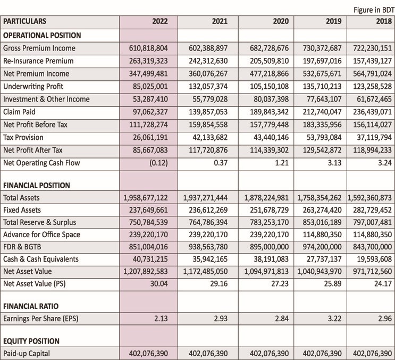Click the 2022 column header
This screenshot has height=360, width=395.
click(x=160, y=21)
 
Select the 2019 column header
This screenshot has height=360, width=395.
click(x=334, y=21)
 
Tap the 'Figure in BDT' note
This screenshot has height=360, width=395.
click(x=374, y=10)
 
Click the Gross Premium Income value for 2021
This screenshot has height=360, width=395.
click(x=208, y=48)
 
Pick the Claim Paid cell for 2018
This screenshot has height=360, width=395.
click(x=372, y=112)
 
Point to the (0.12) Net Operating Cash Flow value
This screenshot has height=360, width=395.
click(x=159, y=163)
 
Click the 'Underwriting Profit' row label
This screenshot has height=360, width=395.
click(x=33, y=86)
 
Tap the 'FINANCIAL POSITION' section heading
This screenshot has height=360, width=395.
click(x=37, y=186)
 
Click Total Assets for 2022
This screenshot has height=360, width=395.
click(x=145, y=198)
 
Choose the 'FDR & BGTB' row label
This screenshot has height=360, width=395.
click(x=22, y=247)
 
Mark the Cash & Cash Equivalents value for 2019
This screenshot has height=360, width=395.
click(x=324, y=259)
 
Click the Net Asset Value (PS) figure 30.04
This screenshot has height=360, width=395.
click(x=159, y=283)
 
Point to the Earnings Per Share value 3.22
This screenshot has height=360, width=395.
click(x=334, y=319)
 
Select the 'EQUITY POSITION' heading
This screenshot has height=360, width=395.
click(x=31, y=341)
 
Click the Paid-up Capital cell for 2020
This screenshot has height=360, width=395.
click(x=270, y=354)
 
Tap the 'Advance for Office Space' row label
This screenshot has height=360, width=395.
click(x=42, y=235)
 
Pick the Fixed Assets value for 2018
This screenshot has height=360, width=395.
click(x=372, y=210)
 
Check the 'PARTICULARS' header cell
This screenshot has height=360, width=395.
click(x=24, y=21)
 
